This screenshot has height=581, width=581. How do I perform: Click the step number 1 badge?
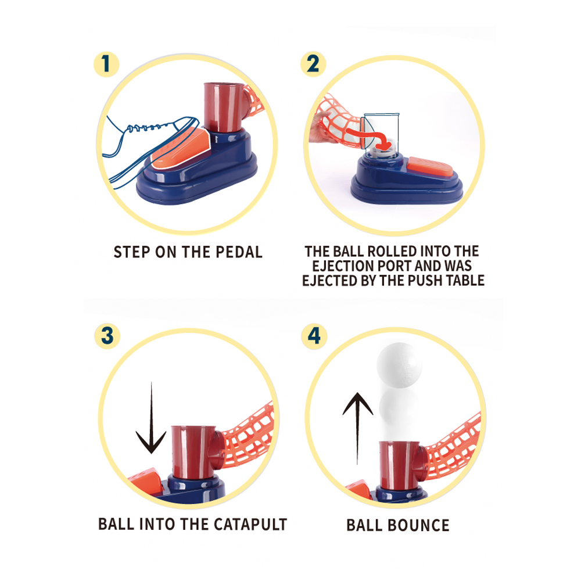(x=106, y=64)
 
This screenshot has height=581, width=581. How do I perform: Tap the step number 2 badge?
(x=313, y=64)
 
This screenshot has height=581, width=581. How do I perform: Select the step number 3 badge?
(x=107, y=336)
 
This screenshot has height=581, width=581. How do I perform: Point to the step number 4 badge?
(x=314, y=336)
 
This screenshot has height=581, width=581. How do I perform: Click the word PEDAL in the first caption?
(x=239, y=252)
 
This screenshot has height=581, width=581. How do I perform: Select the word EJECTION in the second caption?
(x=343, y=266)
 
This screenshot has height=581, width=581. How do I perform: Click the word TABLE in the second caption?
(x=465, y=281)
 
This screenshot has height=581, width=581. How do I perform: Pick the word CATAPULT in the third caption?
(x=250, y=524)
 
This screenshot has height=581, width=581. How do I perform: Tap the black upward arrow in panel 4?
(x=357, y=428)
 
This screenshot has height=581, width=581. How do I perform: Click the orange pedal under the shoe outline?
(x=181, y=148)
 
